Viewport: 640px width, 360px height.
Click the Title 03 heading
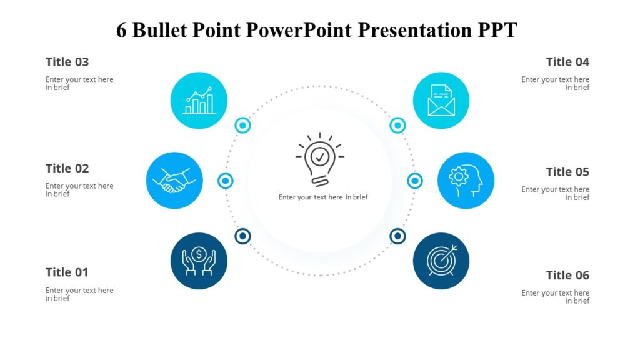[x=67, y=62]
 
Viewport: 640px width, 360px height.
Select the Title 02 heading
[x=67, y=168]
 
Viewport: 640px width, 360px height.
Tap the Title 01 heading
[x=67, y=272]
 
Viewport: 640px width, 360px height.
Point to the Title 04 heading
[x=567, y=62]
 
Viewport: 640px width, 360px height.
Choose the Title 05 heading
[x=567, y=172]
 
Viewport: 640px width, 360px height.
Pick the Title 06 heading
[x=567, y=276]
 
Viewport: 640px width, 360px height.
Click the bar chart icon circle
[x=199, y=101]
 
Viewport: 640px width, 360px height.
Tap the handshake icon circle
[x=174, y=181]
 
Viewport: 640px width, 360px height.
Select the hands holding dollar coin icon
[x=199, y=261]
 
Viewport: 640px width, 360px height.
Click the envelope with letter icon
[x=441, y=101]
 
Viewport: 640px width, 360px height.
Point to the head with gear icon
[x=466, y=181]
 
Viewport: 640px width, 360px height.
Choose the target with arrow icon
[x=441, y=261]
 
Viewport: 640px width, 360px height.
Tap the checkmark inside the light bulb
[x=320, y=156]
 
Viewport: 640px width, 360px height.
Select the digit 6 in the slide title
[x=121, y=30]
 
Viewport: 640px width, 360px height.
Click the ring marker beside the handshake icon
[x=226, y=181]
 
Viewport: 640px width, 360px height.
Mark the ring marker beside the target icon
[x=397, y=236]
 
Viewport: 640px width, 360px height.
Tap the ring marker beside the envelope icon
[x=397, y=126]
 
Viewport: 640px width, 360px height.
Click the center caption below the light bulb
[x=323, y=197]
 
